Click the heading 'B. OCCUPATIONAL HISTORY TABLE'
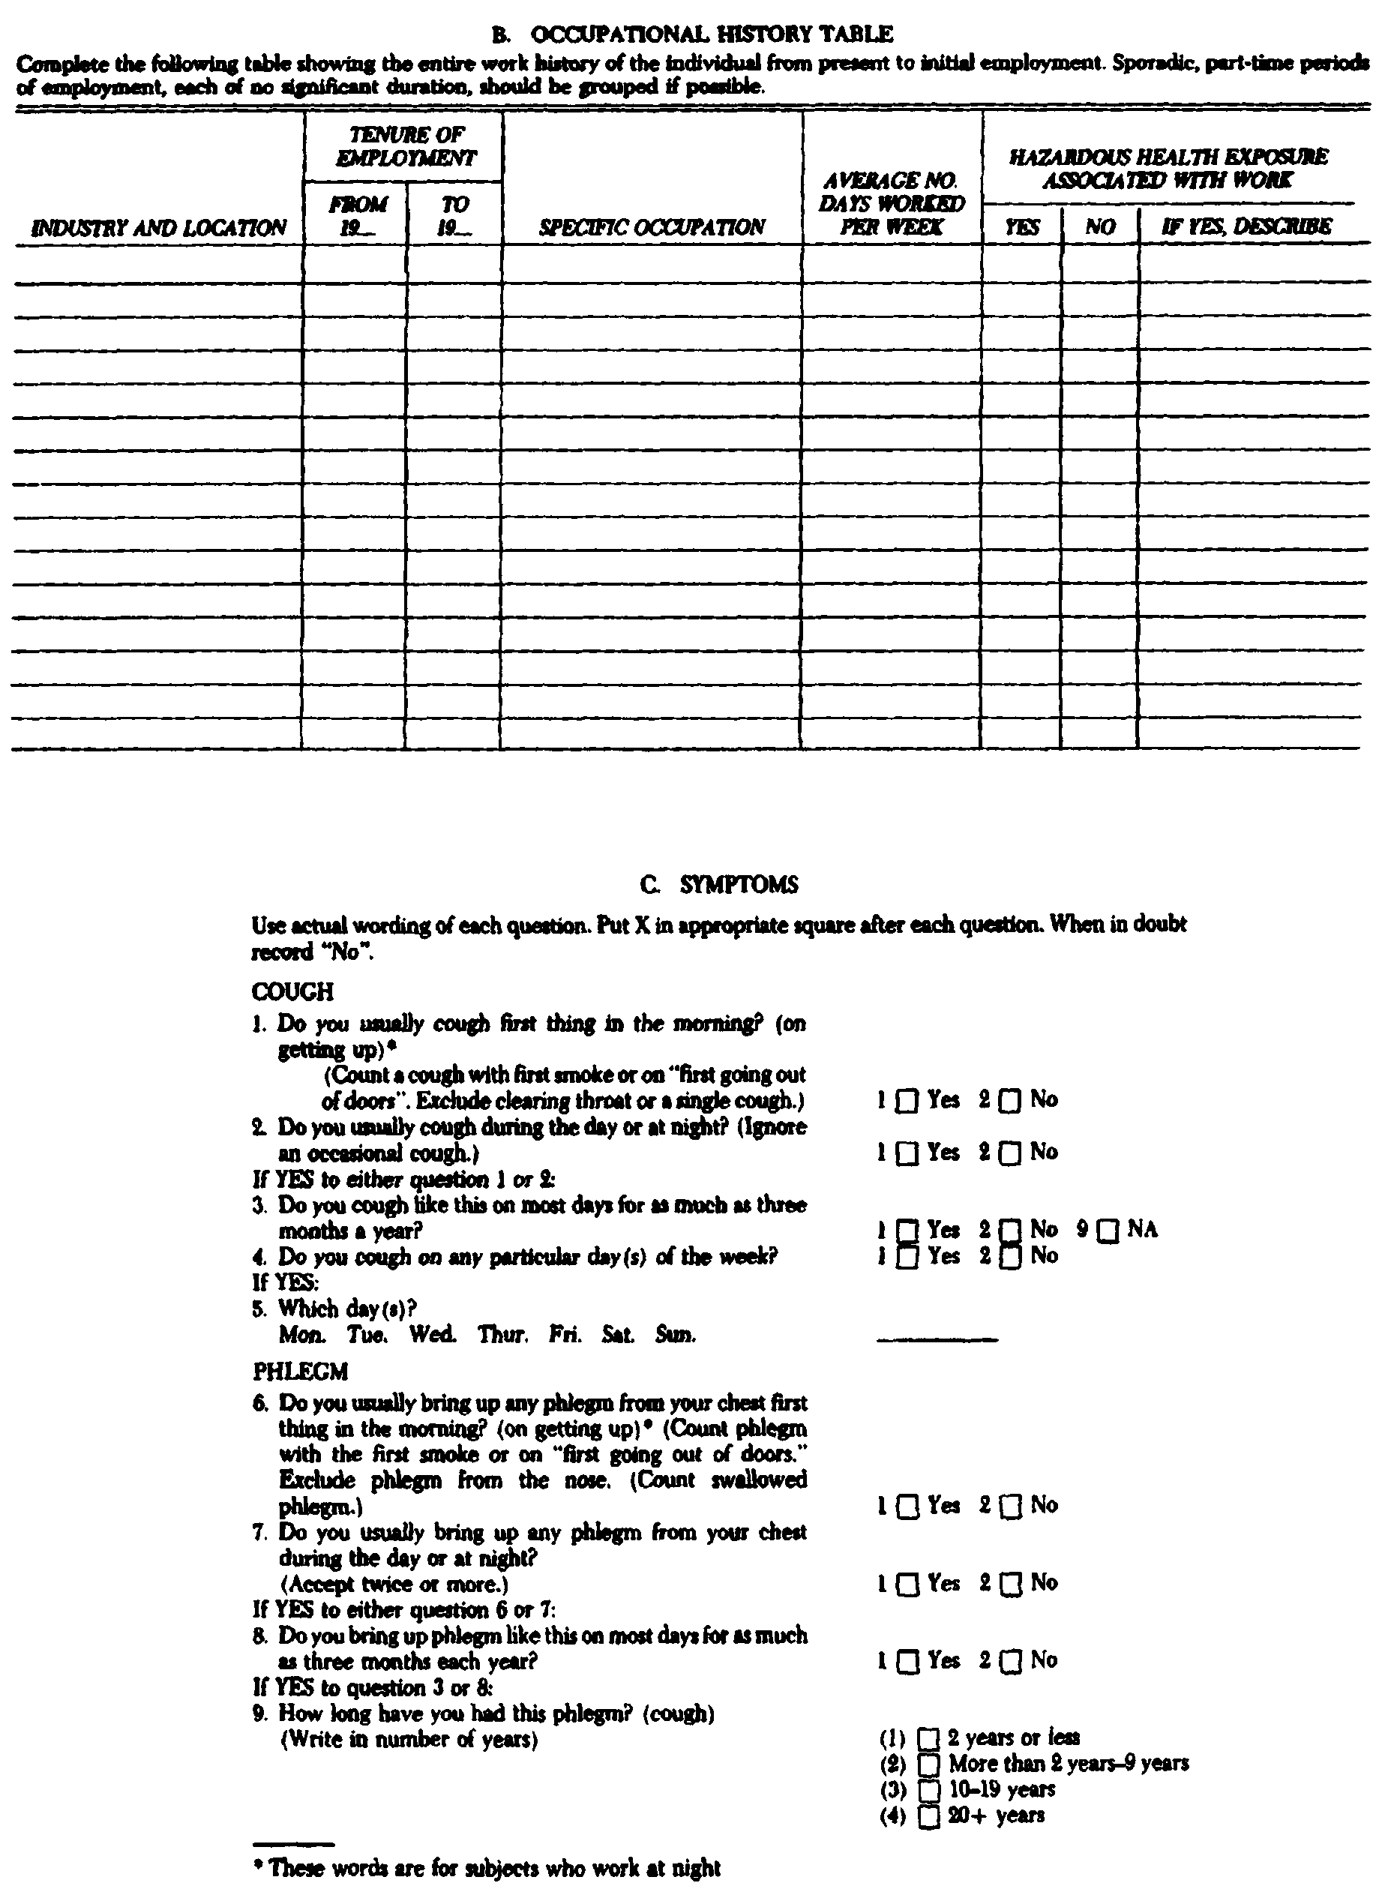tap(691, 34)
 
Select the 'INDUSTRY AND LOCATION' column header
tap(158, 228)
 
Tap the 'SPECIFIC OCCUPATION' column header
tap(652, 227)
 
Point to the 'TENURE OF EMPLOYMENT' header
tap(406, 147)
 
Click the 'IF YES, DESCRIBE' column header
tap(1246, 226)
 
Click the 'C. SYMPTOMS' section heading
tap(718, 884)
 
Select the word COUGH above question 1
tap(292, 991)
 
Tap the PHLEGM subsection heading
tap(300, 1372)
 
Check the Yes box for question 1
tap(907, 1101)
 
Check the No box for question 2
tap(1011, 1154)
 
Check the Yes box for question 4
tap(907, 1258)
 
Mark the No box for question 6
tap(1011, 1507)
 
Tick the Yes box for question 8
tap(907, 1662)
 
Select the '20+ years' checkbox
tap(929, 1816)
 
